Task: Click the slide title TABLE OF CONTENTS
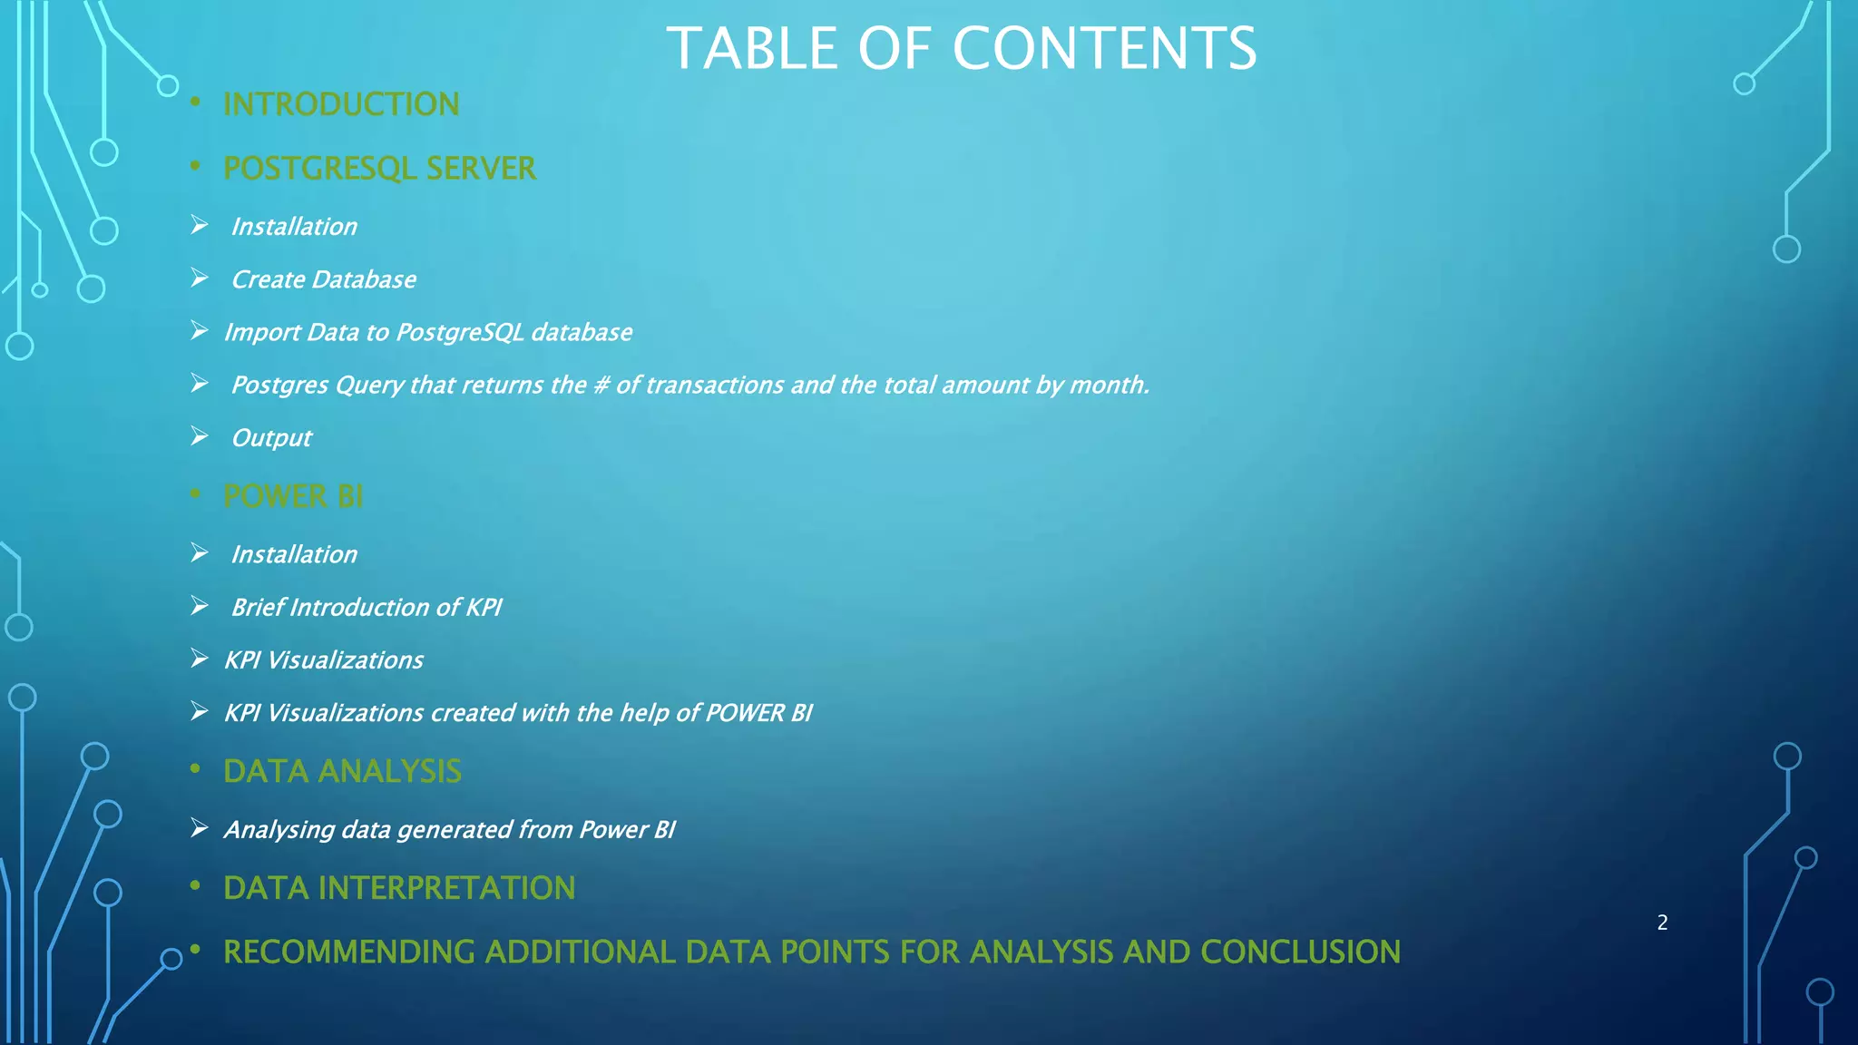(x=962, y=48)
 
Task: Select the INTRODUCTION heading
(x=341, y=104)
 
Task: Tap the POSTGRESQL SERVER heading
(x=379, y=169)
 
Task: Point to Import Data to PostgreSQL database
(x=427, y=332)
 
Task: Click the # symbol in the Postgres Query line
(x=601, y=386)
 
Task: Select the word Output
(x=271, y=438)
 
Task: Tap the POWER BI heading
(x=293, y=496)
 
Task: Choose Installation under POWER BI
(x=294, y=554)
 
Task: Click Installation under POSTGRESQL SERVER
(x=294, y=227)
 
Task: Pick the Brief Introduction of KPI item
(x=367, y=607)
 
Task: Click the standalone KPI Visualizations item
(x=324, y=660)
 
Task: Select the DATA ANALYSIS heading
(x=342, y=771)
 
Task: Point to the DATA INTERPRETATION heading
(x=399, y=888)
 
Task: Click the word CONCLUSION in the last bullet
(x=1300, y=952)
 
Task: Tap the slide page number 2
(x=1662, y=923)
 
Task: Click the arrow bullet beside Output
(x=200, y=437)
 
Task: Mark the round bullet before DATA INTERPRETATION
(x=195, y=886)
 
